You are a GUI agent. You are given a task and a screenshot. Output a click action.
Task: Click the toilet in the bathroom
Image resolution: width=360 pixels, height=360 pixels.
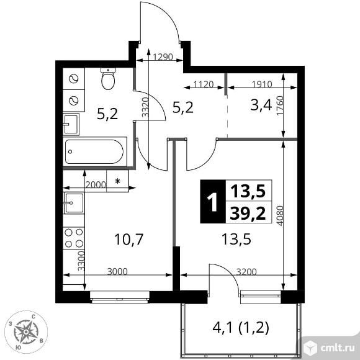click(x=108, y=79)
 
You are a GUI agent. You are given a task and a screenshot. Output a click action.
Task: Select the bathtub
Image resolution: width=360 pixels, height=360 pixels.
click(x=95, y=151)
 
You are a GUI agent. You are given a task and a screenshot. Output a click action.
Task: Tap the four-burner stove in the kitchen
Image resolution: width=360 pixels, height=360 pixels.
click(x=74, y=238)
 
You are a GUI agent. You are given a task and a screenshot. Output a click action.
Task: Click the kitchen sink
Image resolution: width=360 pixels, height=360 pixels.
click(x=74, y=203)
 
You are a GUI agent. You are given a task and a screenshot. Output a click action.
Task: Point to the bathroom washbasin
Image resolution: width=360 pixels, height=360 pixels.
click(x=71, y=124)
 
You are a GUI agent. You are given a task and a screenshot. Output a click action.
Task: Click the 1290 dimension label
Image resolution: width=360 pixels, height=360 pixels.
click(x=163, y=56)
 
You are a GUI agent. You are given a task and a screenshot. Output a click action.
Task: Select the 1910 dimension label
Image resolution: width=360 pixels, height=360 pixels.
click(x=262, y=84)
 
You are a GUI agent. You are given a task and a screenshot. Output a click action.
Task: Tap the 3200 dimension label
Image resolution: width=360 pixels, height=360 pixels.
click(x=246, y=272)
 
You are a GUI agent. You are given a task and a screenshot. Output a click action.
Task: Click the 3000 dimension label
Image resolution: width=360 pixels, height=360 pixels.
click(x=117, y=272)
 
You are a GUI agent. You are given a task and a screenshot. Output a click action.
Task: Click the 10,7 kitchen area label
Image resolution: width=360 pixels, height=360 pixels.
click(x=129, y=239)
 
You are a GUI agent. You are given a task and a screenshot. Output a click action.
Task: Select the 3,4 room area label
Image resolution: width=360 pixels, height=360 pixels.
click(x=261, y=106)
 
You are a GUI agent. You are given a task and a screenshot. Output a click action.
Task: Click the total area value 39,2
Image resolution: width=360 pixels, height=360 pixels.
click(x=248, y=213)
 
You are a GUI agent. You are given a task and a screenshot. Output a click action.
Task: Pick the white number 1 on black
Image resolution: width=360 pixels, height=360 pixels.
click(x=213, y=202)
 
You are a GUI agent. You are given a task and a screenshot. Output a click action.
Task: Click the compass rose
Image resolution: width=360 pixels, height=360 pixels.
click(x=26, y=332)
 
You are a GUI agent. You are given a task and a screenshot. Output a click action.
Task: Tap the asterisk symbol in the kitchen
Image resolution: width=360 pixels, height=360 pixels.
click(x=117, y=181)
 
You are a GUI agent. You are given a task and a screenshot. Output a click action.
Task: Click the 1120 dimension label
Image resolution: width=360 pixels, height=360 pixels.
click(x=204, y=84)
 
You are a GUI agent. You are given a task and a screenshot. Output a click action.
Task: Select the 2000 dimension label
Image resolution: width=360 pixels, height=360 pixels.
click(x=96, y=184)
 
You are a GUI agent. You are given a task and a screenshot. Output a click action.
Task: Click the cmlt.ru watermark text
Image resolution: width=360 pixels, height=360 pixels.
click(x=338, y=348)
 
